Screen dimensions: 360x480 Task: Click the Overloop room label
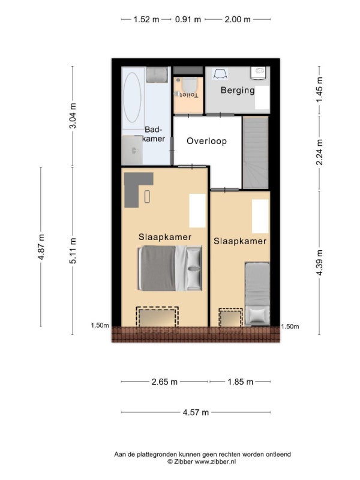coord(206,141)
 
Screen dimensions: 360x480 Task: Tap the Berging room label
coord(238,91)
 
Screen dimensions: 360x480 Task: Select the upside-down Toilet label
coord(188,95)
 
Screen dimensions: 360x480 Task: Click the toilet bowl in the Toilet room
coord(188,83)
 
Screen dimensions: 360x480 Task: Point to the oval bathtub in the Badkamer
coord(132,97)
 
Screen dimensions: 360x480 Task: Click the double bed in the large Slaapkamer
coord(170,268)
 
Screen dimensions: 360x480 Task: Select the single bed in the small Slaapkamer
coord(257,294)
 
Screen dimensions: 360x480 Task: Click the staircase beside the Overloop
coord(256,152)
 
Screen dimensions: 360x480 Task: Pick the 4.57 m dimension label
coord(196,412)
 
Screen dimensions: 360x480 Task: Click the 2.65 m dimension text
coord(164,382)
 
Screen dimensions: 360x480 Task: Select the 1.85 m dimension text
coord(241,382)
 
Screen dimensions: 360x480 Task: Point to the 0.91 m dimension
coord(188,20)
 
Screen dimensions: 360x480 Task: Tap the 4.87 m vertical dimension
coord(41,247)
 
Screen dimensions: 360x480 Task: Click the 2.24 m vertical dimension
coord(319,152)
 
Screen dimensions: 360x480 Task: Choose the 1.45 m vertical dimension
coord(319,90)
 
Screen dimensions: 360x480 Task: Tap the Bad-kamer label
coord(154,134)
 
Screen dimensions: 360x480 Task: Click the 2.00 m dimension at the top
coord(238,20)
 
